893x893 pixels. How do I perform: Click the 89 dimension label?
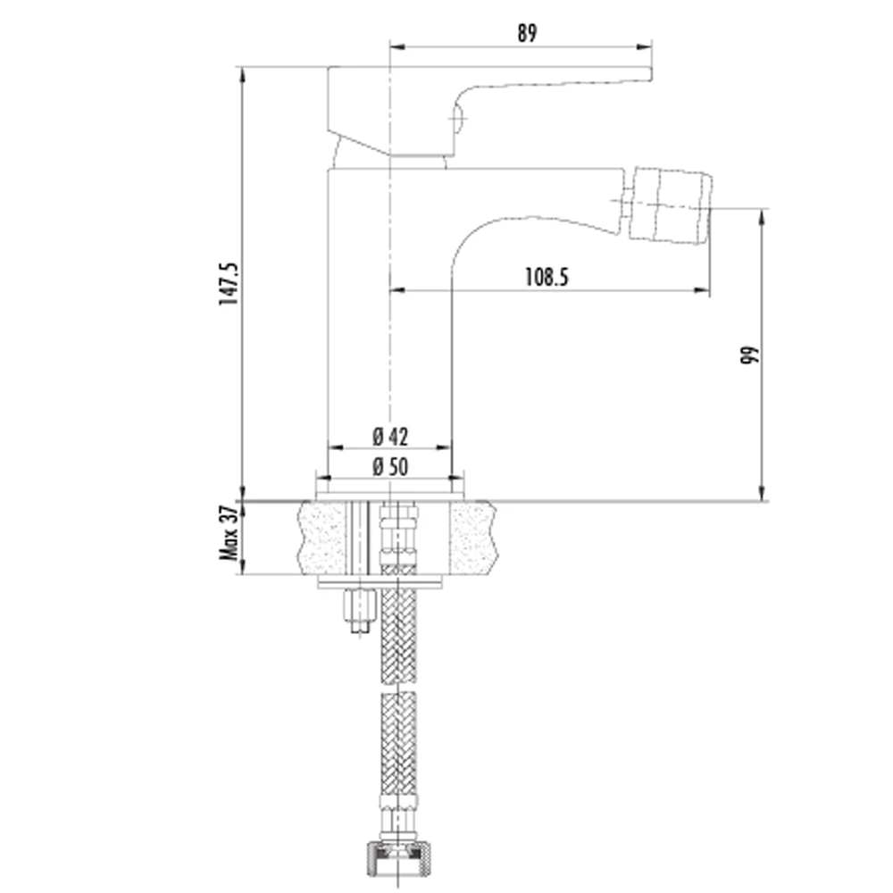click(527, 33)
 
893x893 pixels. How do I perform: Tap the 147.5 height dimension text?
click(229, 284)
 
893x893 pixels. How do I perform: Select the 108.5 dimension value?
click(547, 278)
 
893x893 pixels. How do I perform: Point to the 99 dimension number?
click(750, 355)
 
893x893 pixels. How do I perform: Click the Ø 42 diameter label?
click(391, 437)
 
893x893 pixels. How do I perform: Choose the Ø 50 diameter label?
click(391, 467)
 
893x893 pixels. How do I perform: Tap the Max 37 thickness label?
click(229, 532)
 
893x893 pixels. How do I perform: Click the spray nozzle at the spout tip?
click(671, 207)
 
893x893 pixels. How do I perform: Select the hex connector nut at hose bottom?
click(397, 860)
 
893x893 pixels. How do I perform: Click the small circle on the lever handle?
click(457, 119)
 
